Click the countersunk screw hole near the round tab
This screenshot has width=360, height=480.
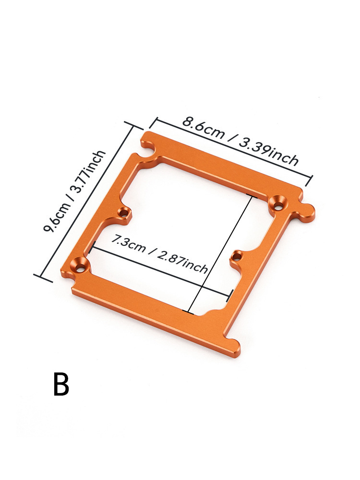[x=277, y=203]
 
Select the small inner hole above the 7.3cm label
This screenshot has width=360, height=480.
[x=124, y=212]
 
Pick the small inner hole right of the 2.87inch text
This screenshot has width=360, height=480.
[x=235, y=257]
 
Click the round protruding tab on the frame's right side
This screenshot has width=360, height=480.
[x=308, y=212]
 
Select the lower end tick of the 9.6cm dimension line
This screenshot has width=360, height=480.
[x=43, y=278]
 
